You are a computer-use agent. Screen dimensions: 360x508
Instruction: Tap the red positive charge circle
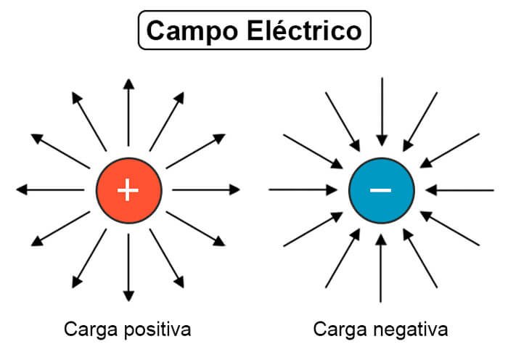(x=128, y=190)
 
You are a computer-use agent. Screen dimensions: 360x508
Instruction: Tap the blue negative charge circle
(x=381, y=190)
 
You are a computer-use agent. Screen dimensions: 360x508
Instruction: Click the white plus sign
(x=128, y=190)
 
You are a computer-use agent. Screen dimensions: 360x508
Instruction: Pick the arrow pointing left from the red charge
(x=51, y=190)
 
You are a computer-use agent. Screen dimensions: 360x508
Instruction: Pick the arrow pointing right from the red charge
(x=206, y=190)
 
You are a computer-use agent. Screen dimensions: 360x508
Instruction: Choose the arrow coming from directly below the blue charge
(x=381, y=269)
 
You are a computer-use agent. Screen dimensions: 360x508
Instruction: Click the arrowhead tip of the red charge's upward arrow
(x=128, y=80)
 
